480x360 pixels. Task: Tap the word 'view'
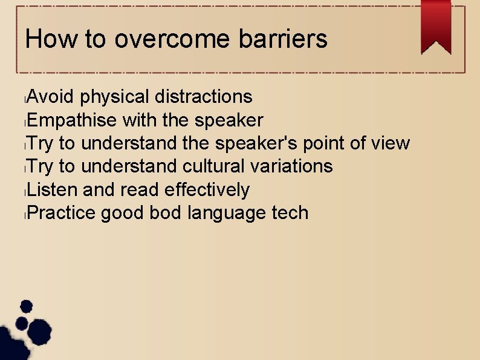click(x=390, y=143)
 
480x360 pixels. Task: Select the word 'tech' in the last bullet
click(x=289, y=213)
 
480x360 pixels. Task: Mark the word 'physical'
click(x=114, y=97)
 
